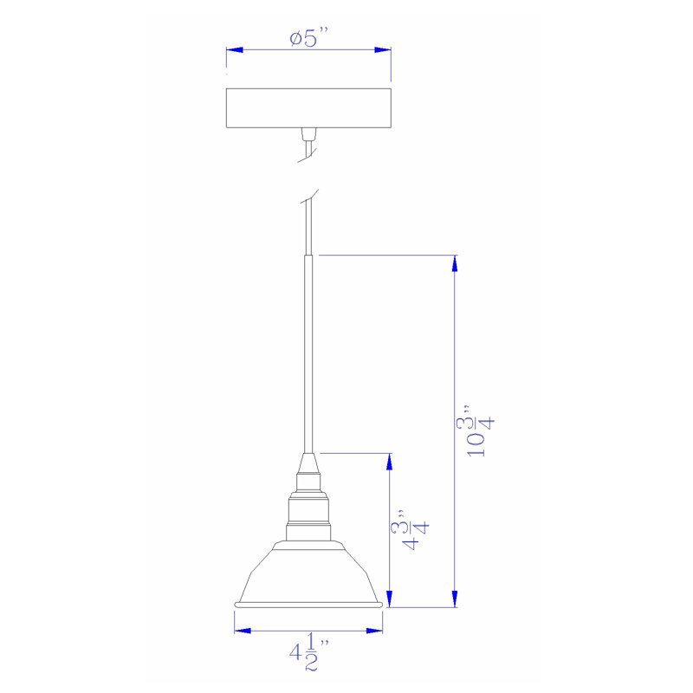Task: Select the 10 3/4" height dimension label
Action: click(475, 431)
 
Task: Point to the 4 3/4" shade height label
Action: click(410, 530)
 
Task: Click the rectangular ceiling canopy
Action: click(308, 107)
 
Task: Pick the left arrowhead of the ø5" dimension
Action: click(234, 49)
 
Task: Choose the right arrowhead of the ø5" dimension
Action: click(383, 49)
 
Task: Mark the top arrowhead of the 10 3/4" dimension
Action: click(455, 264)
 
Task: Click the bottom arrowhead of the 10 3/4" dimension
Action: click(455, 599)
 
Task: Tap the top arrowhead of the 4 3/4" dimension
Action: click(389, 462)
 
